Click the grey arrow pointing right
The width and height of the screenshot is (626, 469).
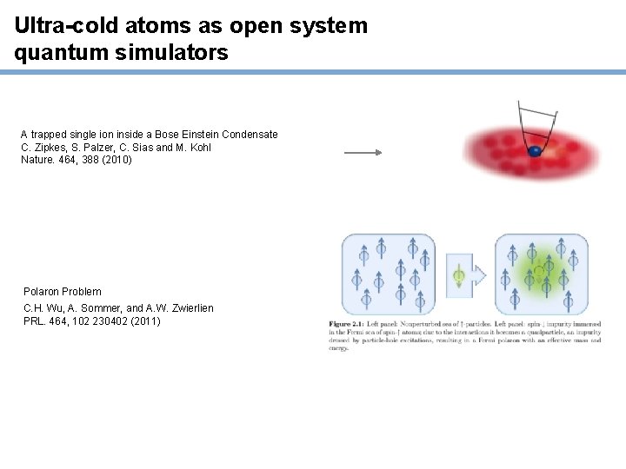363,152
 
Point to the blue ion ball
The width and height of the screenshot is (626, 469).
535,151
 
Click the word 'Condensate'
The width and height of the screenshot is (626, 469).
250,135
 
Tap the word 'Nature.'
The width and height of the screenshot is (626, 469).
38,160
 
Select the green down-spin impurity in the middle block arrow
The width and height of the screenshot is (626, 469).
458,276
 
